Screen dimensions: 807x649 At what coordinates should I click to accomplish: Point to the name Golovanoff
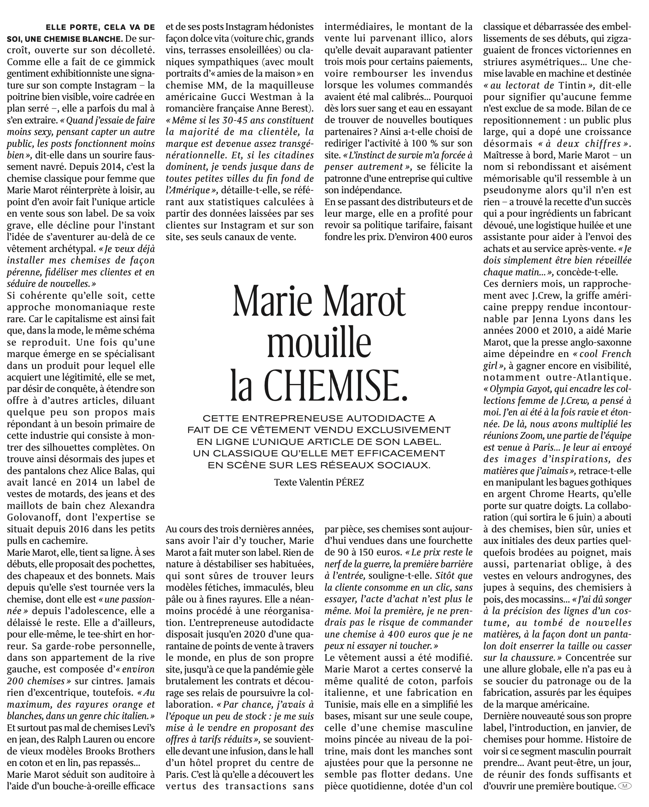point(34,517)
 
